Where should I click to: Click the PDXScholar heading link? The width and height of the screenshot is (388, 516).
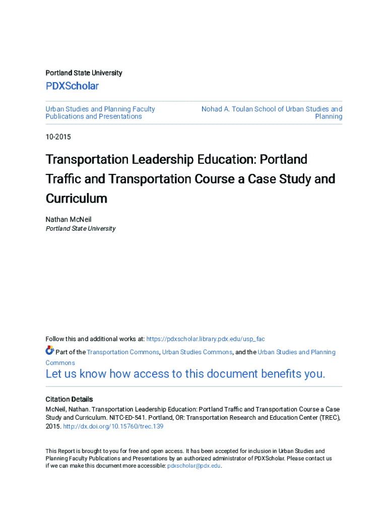click(x=72, y=86)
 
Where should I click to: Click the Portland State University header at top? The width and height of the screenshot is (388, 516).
click(x=84, y=73)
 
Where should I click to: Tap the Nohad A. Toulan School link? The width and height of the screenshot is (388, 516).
click(x=272, y=109)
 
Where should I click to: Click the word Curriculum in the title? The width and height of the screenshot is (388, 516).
click(x=77, y=199)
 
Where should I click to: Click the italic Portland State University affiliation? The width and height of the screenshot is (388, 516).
click(x=81, y=229)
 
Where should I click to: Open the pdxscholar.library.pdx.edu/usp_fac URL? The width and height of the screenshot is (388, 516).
click(x=205, y=339)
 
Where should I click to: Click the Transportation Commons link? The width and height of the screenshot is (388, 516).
click(x=123, y=352)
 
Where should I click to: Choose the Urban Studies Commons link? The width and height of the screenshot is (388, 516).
click(x=197, y=352)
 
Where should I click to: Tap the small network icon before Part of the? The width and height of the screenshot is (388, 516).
click(x=49, y=350)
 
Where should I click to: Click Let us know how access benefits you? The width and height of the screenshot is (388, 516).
click(x=185, y=374)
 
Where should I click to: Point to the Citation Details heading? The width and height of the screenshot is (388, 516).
click(x=69, y=399)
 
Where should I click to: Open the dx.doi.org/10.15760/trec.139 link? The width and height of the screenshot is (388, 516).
click(x=113, y=426)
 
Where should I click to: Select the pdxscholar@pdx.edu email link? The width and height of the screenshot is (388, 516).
click(x=194, y=466)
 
